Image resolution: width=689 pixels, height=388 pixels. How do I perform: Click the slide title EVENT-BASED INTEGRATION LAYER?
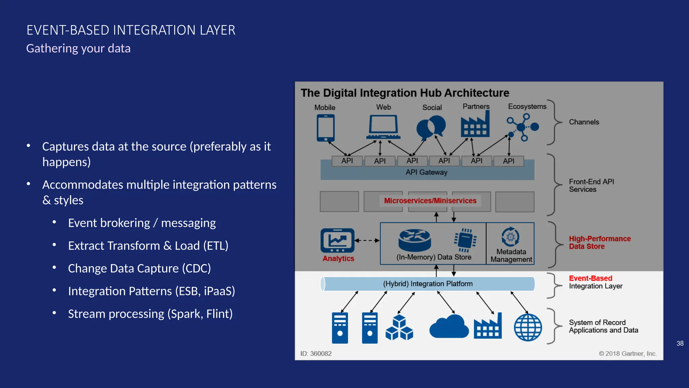click(131, 30)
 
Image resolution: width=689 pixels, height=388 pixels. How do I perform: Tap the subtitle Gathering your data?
click(78, 48)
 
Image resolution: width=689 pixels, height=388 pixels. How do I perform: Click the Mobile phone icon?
click(325, 128)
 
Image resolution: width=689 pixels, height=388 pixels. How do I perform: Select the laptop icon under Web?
click(383, 127)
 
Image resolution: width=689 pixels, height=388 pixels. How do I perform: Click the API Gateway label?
click(426, 172)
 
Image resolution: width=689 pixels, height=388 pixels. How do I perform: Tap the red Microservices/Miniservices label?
click(430, 201)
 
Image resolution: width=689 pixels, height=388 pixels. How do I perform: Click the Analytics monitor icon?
click(337, 240)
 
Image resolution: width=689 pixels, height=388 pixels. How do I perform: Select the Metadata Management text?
click(511, 256)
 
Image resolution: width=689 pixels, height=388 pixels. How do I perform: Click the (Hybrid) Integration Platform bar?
click(428, 284)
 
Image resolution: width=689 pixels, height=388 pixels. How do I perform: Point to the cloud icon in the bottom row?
click(449, 327)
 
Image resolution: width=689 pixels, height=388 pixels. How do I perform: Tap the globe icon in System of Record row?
click(528, 327)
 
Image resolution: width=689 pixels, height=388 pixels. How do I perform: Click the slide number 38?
click(680, 343)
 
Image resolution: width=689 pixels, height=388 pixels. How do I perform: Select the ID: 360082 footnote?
click(316, 354)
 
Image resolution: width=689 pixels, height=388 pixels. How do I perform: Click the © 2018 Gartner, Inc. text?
click(627, 354)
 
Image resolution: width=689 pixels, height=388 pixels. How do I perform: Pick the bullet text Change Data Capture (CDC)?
click(139, 268)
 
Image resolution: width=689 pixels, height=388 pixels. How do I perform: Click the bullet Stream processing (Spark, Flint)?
click(150, 314)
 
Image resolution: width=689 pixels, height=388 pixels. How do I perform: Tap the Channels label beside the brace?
click(584, 122)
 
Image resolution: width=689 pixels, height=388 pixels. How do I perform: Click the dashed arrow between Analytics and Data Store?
click(367, 240)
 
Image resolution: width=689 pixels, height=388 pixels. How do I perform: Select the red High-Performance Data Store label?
click(600, 243)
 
